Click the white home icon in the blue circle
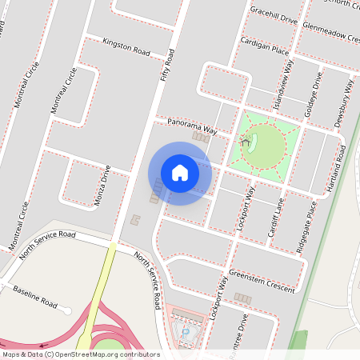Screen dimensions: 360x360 180,172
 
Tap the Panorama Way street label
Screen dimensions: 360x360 192,126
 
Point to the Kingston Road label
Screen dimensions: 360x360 126,46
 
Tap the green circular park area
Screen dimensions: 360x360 264,147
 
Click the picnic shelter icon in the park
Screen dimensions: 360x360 245,140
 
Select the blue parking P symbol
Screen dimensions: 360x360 186,330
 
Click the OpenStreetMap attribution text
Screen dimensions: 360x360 80,354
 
